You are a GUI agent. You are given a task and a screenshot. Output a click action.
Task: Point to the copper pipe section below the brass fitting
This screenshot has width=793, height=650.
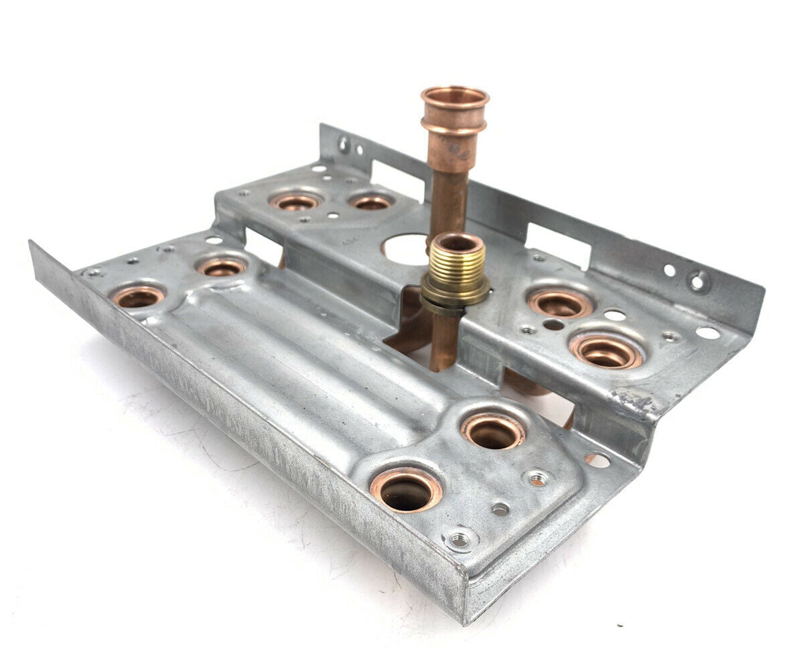[x=445, y=342]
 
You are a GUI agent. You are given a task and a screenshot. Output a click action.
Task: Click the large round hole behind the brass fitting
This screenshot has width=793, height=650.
[x=404, y=249]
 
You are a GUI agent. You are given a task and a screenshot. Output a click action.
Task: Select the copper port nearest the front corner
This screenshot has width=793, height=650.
[x=406, y=491]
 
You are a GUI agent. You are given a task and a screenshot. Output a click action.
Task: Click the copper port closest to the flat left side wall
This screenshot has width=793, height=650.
[x=138, y=296]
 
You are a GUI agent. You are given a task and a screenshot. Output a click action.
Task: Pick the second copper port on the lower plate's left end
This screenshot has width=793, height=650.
[x=222, y=267]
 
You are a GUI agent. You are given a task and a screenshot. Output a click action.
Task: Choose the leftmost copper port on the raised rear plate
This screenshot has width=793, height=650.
[x=295, y=201]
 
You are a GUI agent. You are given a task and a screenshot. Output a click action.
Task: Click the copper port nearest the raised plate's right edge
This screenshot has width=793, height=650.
[x=606, y=352]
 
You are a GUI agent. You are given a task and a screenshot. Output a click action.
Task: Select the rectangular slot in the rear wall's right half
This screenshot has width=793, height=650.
[x=558, y=244]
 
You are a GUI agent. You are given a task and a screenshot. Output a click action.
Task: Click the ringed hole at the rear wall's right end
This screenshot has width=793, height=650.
[x=699, y=281]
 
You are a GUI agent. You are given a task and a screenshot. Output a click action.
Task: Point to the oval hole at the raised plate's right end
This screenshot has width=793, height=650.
[x=707, y=332]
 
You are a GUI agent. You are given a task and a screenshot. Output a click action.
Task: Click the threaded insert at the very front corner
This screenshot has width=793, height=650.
[x=459, y=539]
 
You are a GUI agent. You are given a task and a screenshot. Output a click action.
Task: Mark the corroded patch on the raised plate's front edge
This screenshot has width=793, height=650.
[x=630, y=402]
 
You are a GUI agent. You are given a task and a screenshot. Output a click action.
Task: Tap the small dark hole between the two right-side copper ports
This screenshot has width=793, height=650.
[x=553, y=325]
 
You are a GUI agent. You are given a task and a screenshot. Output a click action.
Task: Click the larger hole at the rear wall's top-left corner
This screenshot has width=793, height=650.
[x=344, y=143]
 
